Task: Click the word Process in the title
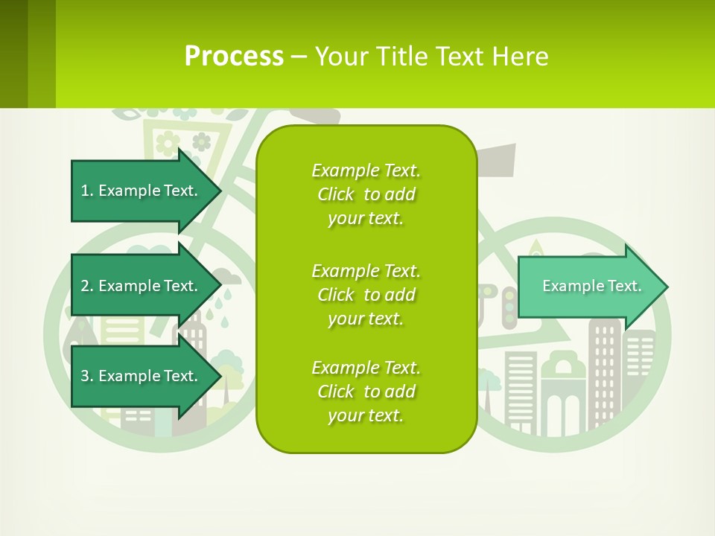click(x=234, y=57)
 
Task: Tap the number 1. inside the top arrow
click(x=87, y=191)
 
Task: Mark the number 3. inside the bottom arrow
click(x=87, y=376)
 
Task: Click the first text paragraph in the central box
click(x=366, y=194)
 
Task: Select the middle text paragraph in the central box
click(x=366, y=295)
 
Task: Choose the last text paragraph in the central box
click(x=366, y=392)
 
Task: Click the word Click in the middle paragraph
click(x=336, y=295)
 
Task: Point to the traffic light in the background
click(x=509, y=306)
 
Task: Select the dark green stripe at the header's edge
click(x=13, y=54)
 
